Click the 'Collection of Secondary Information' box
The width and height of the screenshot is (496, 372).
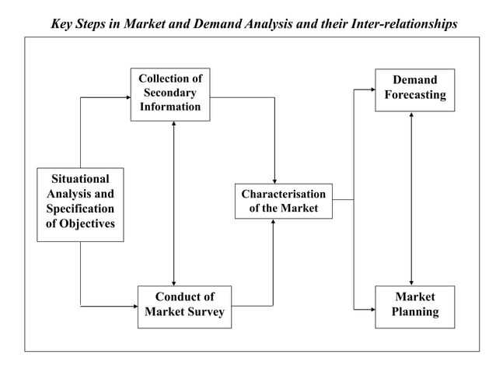point(169,94)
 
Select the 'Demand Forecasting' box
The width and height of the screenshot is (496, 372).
point(414,89)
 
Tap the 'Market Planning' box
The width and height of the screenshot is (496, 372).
point(414,306)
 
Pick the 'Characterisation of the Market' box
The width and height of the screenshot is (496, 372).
point(283,201)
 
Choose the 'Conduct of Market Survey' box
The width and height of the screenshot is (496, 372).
point(184,306)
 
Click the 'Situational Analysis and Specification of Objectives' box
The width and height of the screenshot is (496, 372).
point(80,204)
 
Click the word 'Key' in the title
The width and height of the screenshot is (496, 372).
point(64,23)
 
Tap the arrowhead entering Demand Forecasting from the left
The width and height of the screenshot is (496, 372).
point(371,90)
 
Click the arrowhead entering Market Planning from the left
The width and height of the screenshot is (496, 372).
point(371,310)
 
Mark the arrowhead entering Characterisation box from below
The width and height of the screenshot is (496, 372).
point(274,223)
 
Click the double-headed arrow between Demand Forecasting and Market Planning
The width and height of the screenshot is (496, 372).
point(411,198)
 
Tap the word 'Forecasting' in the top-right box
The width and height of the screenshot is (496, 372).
point(415,96)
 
